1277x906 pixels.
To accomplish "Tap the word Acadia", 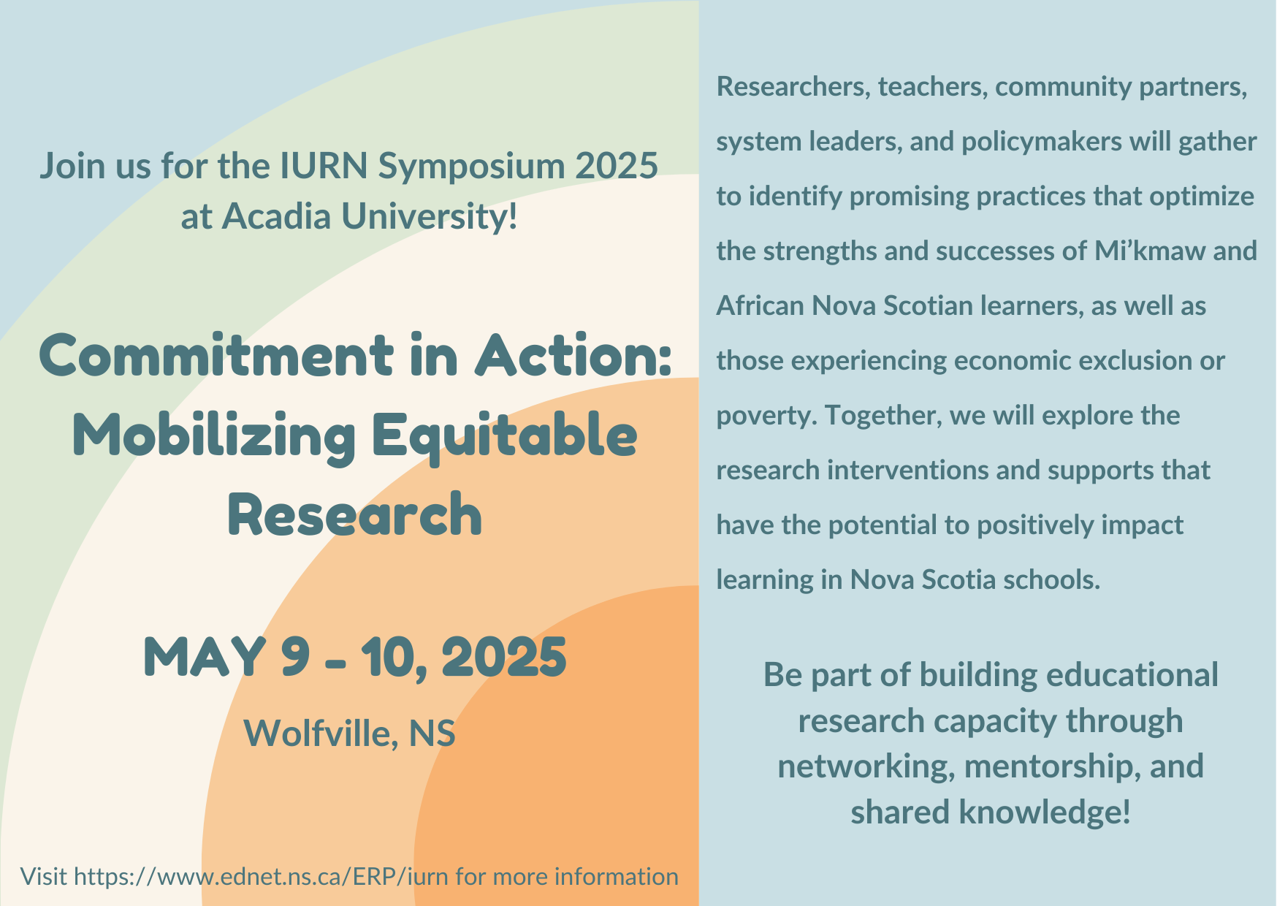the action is tap(276, 216).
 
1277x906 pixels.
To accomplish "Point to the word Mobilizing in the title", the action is tap(214, 436).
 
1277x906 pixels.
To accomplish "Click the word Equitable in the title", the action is tap(504, 436).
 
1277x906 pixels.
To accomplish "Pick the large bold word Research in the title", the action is tap(355, 514).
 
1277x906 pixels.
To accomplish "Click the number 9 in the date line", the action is tap(295, 657).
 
